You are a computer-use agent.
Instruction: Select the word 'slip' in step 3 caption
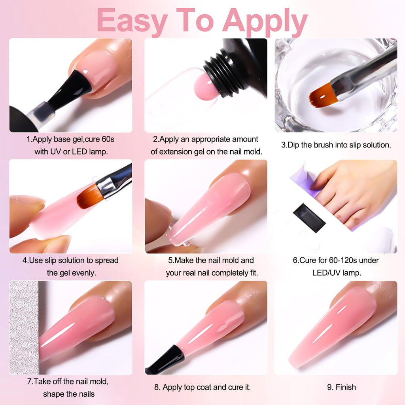coord(341,145)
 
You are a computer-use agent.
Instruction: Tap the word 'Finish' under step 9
coord(346,387)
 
